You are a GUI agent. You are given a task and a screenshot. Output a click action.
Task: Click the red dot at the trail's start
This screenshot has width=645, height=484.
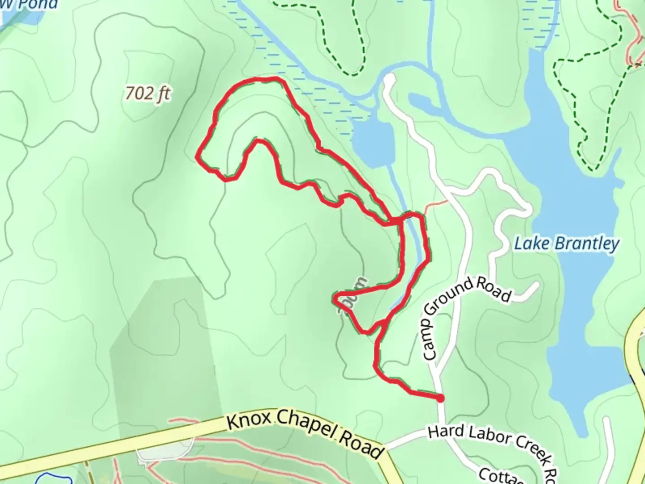tap(440, 398)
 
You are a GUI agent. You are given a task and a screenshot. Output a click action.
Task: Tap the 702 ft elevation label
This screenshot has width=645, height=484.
tap(148, 94)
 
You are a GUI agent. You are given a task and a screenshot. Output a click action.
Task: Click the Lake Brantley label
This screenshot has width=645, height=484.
tap(567, 244)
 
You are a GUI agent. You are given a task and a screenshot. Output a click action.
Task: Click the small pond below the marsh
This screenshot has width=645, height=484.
tap(373, 143)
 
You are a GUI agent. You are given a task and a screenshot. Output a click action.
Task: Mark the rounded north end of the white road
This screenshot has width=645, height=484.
tap(389, 79)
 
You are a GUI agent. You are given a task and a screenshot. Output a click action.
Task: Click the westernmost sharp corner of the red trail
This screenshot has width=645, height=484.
tap(198, 156)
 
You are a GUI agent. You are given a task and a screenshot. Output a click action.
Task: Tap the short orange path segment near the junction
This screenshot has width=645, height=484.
tap(436, 205)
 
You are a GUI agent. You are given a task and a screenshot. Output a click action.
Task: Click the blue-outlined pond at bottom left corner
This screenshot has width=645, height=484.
tap(49, 479)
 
